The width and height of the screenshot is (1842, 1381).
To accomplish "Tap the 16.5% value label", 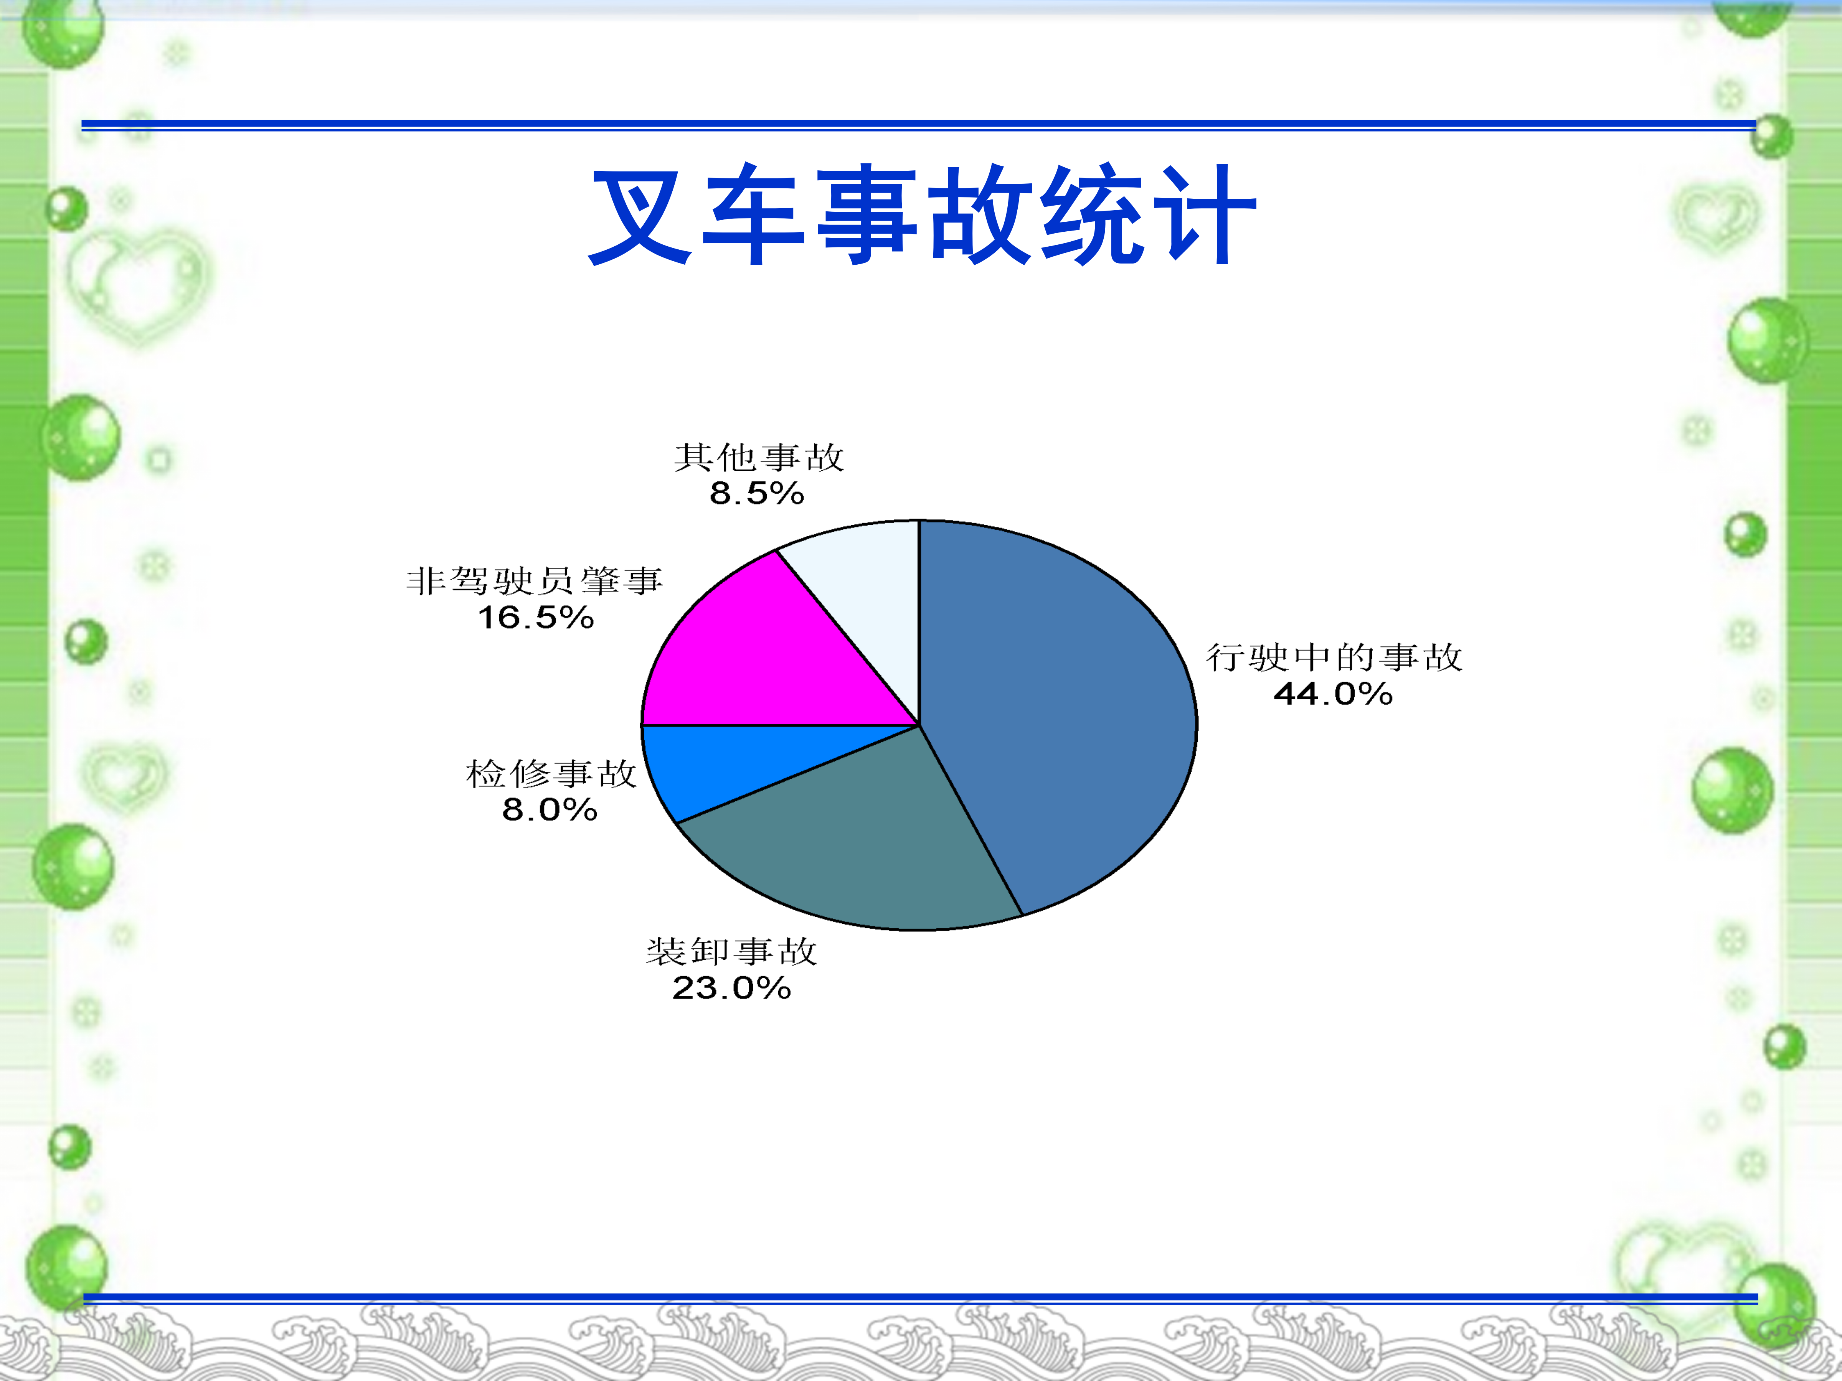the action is pos(535,618).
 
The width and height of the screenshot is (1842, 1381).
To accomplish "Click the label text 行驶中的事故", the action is pos(1334,657).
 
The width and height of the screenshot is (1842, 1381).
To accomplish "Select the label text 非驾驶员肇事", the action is pos(535,581).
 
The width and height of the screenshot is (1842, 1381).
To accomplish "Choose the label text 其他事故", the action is pos(759,457).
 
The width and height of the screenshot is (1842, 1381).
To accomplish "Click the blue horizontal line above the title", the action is pos(918,125).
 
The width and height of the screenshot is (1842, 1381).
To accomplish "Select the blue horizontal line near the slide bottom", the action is pos(920,1299).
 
